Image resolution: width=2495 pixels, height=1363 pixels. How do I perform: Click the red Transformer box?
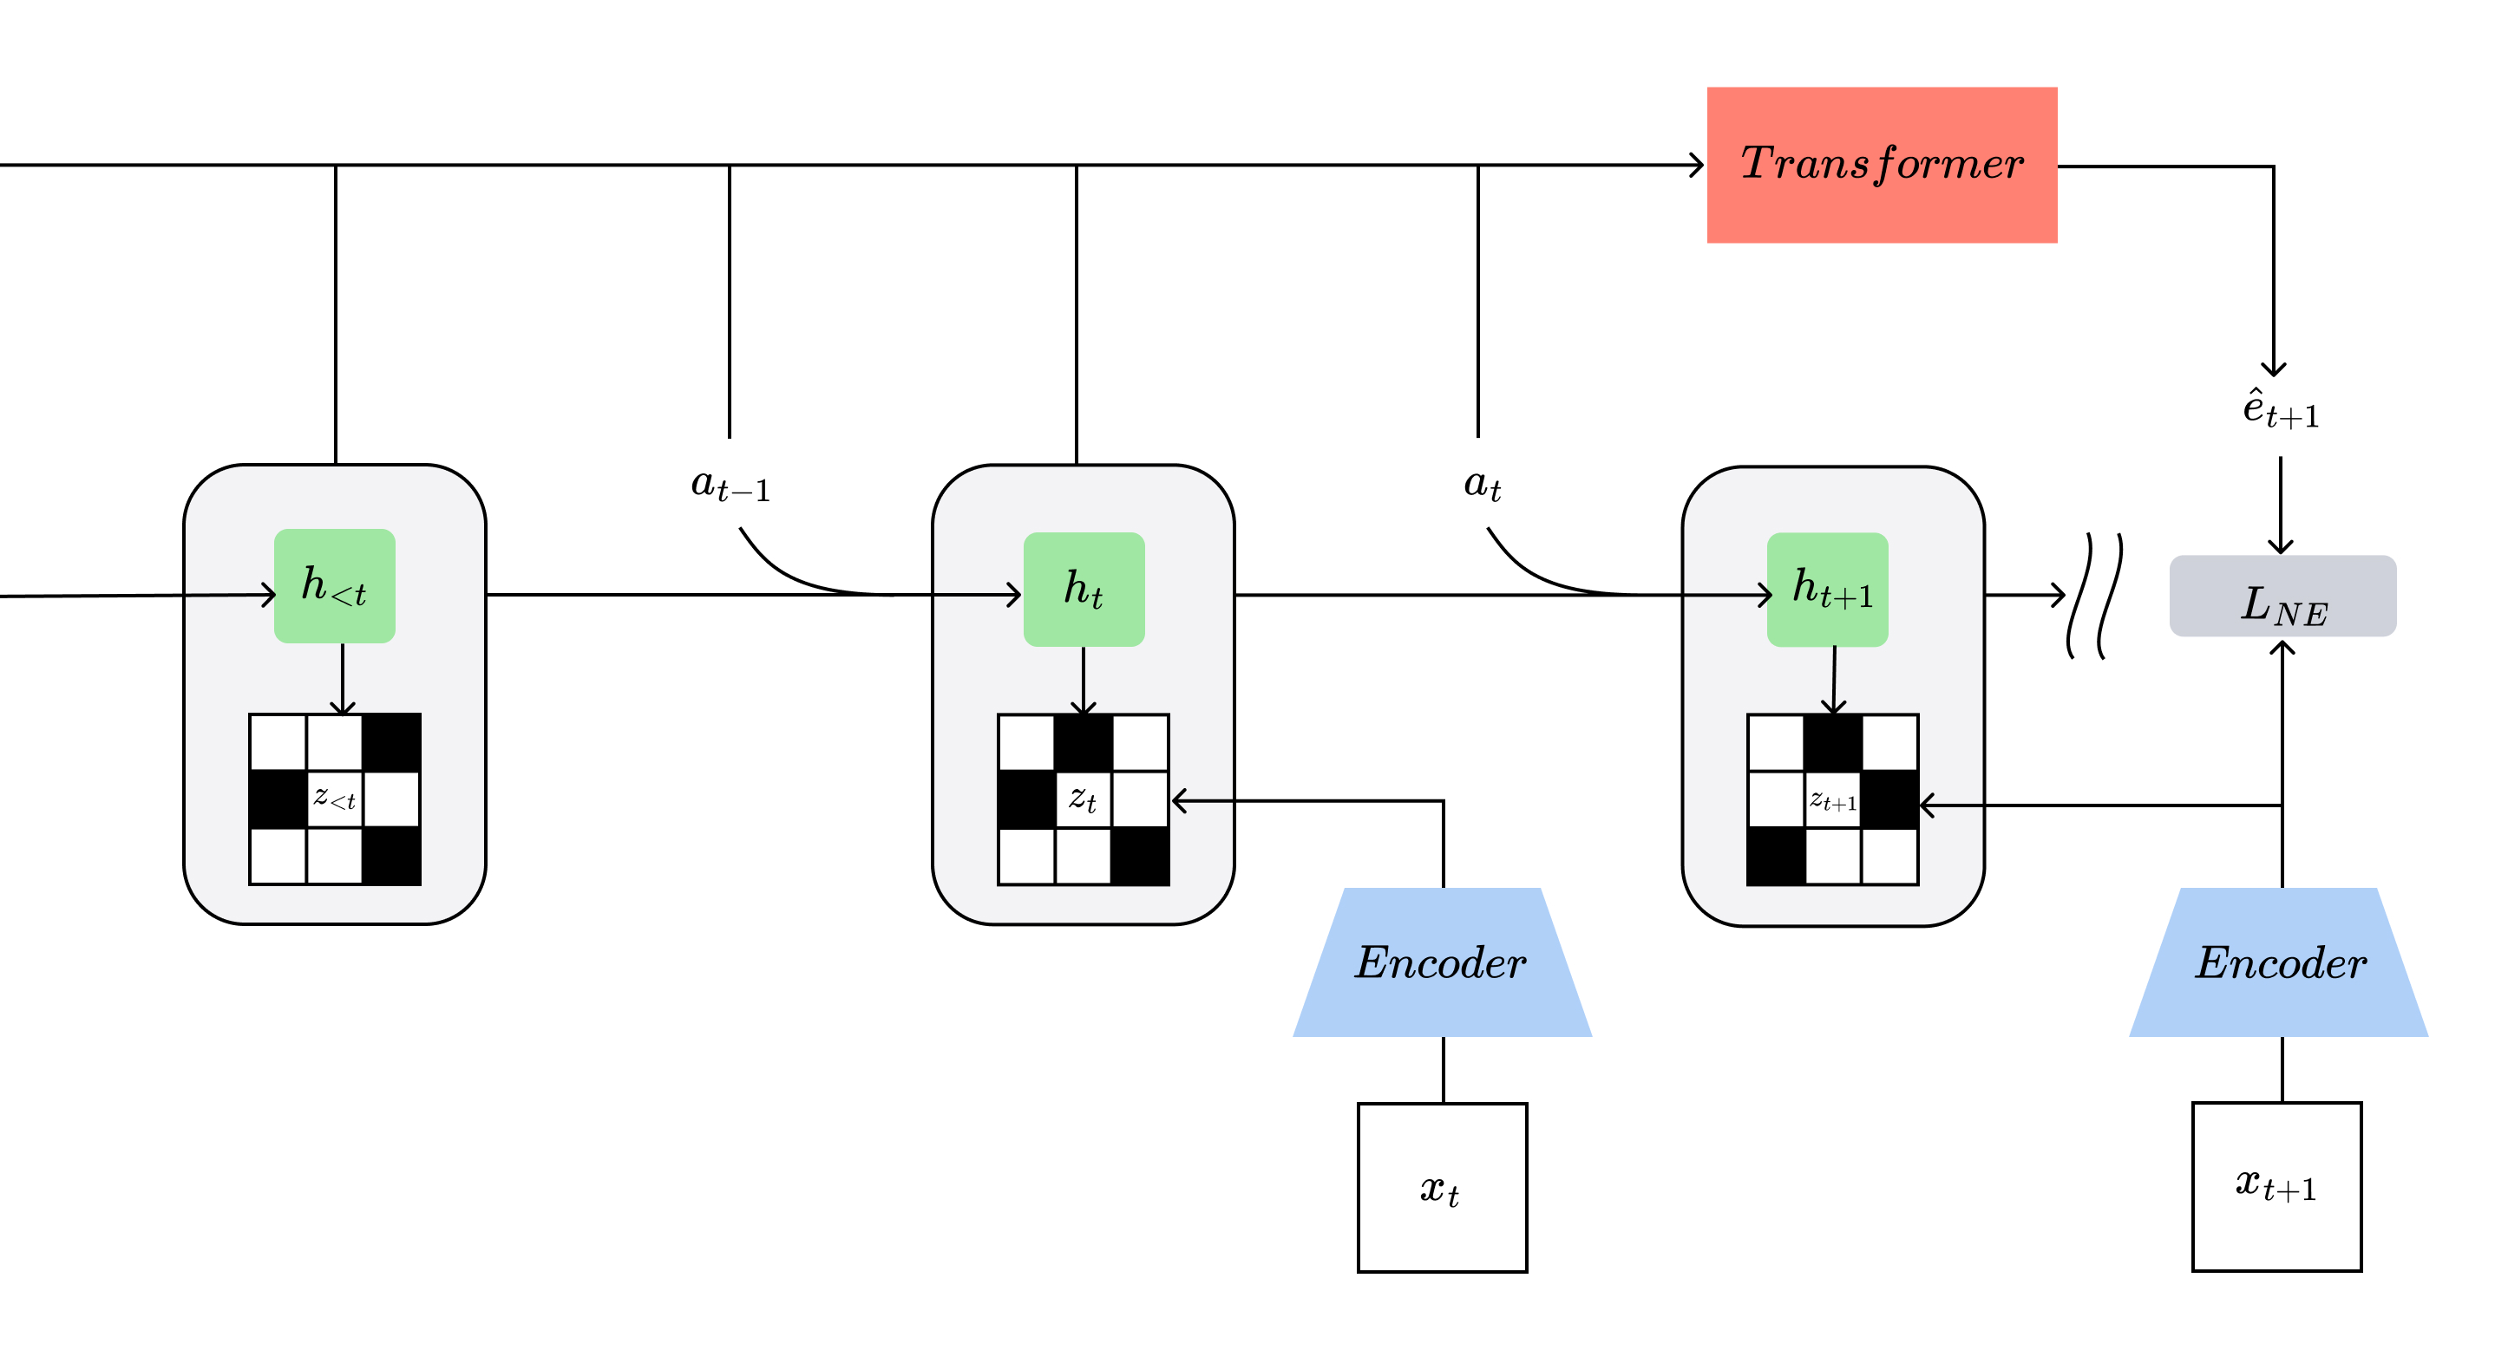tap(1881, 165)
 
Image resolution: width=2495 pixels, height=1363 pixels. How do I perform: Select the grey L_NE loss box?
tap(2282, 597)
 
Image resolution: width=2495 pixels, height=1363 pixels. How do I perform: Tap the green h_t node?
tap(1084, 589)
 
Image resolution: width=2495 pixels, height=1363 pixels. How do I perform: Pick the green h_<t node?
tap(334, 585)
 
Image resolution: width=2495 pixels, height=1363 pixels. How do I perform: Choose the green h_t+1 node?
tap(1827, 589)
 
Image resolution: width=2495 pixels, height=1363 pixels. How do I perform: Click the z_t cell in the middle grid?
tap(1083, 799)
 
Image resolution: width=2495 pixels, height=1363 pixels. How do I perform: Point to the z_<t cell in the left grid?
tap(334, 799)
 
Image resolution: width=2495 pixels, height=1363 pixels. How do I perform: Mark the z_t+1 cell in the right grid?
tap(1832, 800)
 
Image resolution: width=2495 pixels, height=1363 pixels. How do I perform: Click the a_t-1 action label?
tap(730, 484)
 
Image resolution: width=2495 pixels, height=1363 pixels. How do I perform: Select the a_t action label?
tap(1482, 484)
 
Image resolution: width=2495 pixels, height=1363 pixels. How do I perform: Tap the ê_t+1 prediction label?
tap(2280, 409)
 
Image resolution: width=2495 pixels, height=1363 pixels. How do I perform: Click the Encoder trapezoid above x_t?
tap(1441, 962)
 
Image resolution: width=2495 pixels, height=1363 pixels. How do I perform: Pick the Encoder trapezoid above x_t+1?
tap(2279, 962)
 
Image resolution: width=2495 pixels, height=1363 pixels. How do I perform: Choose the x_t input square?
tap(1442, 1187)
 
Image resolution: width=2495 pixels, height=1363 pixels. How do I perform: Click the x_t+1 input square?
tap(2276, 1186)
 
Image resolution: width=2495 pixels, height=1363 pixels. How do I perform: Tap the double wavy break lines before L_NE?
tap(2094, 597)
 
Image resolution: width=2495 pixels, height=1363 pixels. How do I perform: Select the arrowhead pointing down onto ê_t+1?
tap(2273, 368)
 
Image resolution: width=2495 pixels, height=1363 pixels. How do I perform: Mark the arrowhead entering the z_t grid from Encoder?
tap(1179, 800)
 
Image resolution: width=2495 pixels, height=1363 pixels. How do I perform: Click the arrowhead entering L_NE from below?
tap(2282, 647)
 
